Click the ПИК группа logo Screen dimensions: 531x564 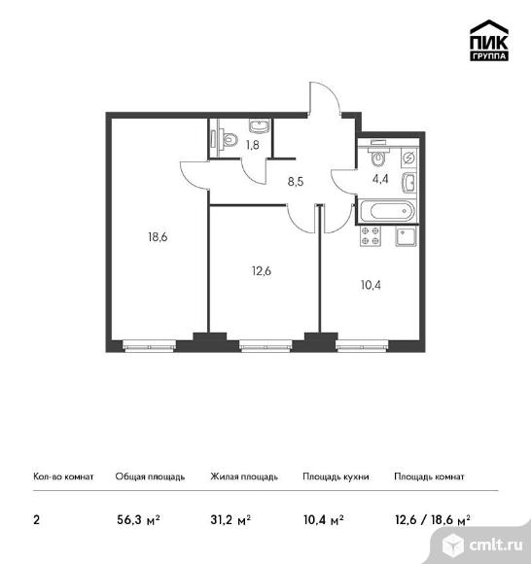(489, 40)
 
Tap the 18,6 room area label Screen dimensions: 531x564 (158, 237)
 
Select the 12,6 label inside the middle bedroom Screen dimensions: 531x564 (262, 271)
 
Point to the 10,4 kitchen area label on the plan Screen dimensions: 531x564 (371, 285)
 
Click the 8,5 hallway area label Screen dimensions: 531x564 (296, 182)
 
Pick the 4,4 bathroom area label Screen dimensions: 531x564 (380, 179)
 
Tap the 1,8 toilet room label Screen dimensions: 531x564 (253, 145)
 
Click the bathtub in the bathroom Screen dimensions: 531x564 (388, 211)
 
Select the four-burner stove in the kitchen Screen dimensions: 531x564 (371, 236)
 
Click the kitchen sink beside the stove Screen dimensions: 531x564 (406, 236)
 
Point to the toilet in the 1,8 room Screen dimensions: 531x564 (229, 140)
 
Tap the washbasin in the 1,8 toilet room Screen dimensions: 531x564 (259, 126)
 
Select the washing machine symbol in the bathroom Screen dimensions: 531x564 (409, 158)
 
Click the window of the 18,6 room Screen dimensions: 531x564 (150, 345)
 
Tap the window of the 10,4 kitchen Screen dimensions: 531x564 (363, 345)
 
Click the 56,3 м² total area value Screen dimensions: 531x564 (138, 520)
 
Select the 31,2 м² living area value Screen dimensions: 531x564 (230, 520)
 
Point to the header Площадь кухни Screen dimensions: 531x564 (336, 476)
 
